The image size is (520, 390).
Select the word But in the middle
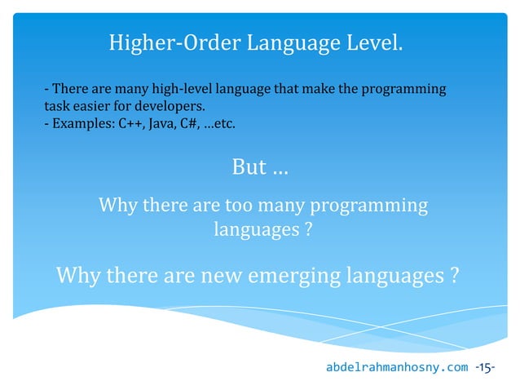pos(249,167)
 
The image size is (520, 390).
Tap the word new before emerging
pos(221,276)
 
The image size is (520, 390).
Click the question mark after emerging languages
pos(452,276)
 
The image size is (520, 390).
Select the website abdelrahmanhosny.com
pos(397,367)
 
